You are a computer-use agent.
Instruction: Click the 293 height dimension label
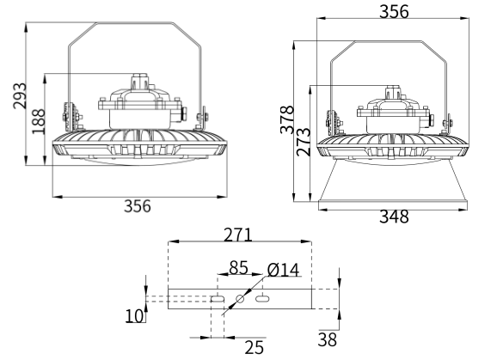(x=20, y=95)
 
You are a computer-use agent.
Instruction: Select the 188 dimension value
(x=39, y=122)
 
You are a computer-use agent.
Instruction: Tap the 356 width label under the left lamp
(x=138, y=206)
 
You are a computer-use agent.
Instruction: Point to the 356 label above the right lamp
(x=394, y=12)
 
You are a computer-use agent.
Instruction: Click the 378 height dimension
(x=287, y=119)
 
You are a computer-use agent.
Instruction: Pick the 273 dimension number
(x=304, y=142)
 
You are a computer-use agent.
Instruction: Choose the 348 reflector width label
(x=394, y=217)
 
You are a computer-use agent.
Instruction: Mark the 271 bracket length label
(x=238, y=235)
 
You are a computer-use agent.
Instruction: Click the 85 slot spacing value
(x=238, y=267)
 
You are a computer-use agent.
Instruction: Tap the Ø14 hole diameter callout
(x=283, y=270)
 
